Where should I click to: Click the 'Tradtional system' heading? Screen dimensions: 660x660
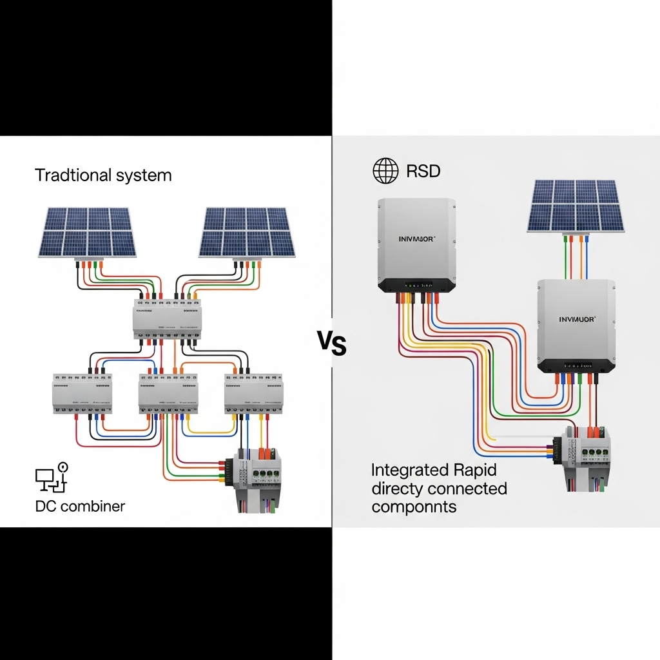[103, 175]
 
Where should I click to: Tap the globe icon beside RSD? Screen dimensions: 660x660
[385, 171]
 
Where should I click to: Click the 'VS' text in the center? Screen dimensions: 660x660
[332, 343]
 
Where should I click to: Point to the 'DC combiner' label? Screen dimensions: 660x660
[80, 506]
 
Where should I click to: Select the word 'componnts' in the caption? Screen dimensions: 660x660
[414, 507]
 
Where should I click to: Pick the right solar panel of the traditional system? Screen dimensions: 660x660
[246, 232]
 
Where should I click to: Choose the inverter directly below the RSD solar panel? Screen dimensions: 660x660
[576, 325]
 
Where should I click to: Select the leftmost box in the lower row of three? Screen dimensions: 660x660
[82, 393]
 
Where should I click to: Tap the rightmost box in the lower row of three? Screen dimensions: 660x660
[253, 393]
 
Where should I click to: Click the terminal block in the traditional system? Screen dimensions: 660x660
[256, 480]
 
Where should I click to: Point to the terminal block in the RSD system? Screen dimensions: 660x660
[584, 454]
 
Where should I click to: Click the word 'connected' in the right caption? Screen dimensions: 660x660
[468, 489]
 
